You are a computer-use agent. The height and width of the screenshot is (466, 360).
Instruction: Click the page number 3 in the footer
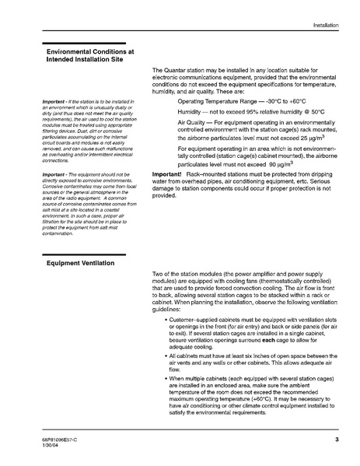coord(337,440)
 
